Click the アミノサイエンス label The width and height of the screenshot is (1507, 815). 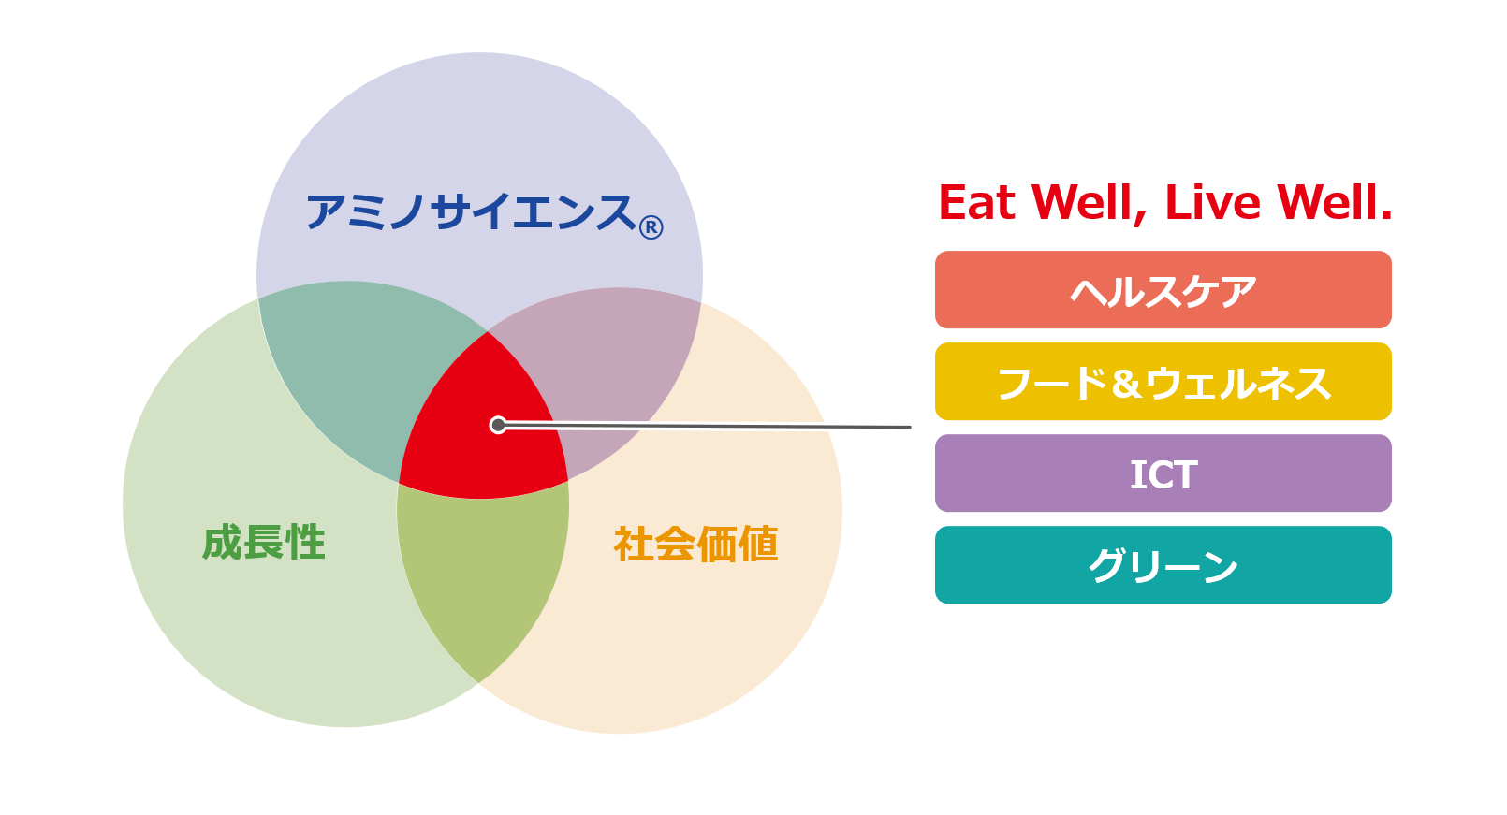(471, 212)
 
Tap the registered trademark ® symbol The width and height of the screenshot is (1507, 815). (651, 227)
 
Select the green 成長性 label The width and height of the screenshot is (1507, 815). (264, 543)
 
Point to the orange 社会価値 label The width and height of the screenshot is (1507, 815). (696, 544)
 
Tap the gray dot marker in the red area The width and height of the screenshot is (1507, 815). (498, 425)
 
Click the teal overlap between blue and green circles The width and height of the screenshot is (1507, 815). (363, 376)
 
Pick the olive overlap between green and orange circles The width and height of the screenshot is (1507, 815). (483, 578)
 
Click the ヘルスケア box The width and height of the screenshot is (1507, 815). (1163, 290)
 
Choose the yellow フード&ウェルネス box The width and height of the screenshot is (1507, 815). (1163, 381)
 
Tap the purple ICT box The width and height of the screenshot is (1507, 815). (1163, 473)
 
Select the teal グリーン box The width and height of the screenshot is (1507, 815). (1163, 565)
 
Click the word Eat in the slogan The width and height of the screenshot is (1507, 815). (977, 202)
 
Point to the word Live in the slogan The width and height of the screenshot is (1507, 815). (1212, 202)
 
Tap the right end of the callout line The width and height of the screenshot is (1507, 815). (911, 427)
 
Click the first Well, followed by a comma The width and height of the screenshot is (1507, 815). (1089, 204)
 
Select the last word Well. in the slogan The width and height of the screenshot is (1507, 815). (1335, 202)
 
